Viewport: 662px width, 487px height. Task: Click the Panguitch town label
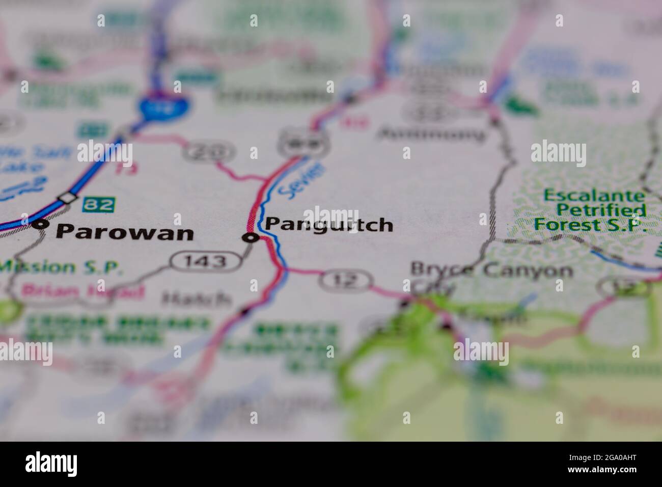[329, 224]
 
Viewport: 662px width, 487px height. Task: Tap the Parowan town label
[125, 233]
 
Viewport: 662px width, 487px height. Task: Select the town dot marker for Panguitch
[250, 237]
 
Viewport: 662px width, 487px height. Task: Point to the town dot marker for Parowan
[41, 223]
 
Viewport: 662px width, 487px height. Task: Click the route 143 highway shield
[206, 261]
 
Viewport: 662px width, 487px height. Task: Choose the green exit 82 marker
[98, 204]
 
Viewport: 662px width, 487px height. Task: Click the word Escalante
[594, 195]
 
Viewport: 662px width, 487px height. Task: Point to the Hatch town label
[196, 299]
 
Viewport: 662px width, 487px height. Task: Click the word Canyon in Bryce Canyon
[528, 270]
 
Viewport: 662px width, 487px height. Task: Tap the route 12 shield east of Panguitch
[347, 281]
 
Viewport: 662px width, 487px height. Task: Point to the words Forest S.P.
[589, 225]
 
